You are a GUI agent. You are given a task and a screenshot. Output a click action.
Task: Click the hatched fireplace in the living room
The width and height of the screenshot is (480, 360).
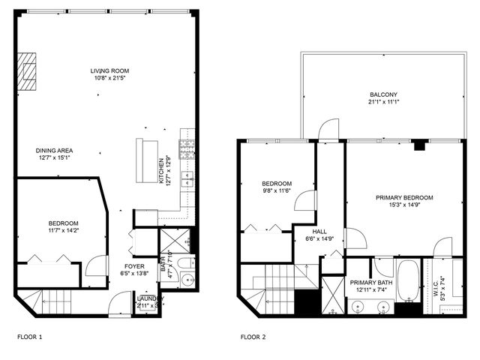[x=28, y=71]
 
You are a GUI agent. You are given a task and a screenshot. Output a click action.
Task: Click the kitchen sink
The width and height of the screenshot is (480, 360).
[x=187, y=180]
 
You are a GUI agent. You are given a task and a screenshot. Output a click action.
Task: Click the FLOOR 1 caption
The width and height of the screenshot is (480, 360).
[x=30, y=337]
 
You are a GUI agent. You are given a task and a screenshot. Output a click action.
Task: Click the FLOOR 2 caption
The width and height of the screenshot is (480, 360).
[x=253, y=337]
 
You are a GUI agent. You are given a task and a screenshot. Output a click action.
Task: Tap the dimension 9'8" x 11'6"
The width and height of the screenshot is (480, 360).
[x=276, y=191]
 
